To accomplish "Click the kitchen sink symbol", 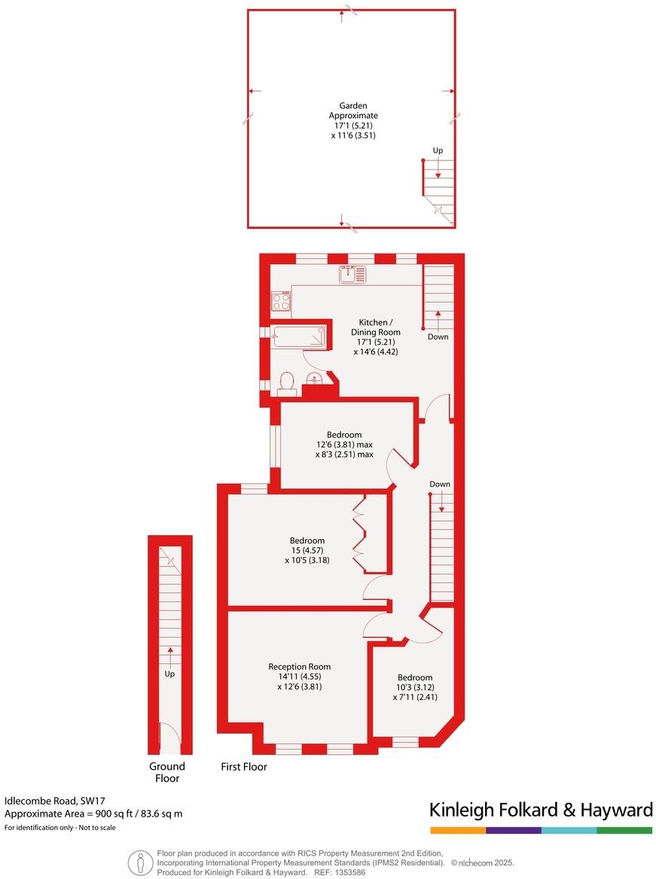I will (x=352, y=275).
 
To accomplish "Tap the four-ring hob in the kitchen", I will (x=281, y=302).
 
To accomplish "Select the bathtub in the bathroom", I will (x=299, y=336).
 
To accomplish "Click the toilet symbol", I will (x=286, y=385).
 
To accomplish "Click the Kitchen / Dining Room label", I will (x=375, y=327).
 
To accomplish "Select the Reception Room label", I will (x=299, y=667).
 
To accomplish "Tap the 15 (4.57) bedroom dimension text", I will (x=307, y=550).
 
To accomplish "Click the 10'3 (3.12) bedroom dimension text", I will (x=415, y=687).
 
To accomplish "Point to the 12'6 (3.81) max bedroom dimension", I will (x=344, y=445).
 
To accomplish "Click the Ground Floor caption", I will (x=167, y=772).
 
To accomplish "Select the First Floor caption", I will (x=244, y=768).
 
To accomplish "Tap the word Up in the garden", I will (x=438, y=151).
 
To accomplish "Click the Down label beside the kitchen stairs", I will (x=438, y=336).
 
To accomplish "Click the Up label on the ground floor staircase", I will (x=169, y=674).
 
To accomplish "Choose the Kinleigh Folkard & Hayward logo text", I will (x=541, y=810).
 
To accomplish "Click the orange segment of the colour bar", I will (x=458, y=830).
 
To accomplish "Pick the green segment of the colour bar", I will (x=624, y=830).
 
